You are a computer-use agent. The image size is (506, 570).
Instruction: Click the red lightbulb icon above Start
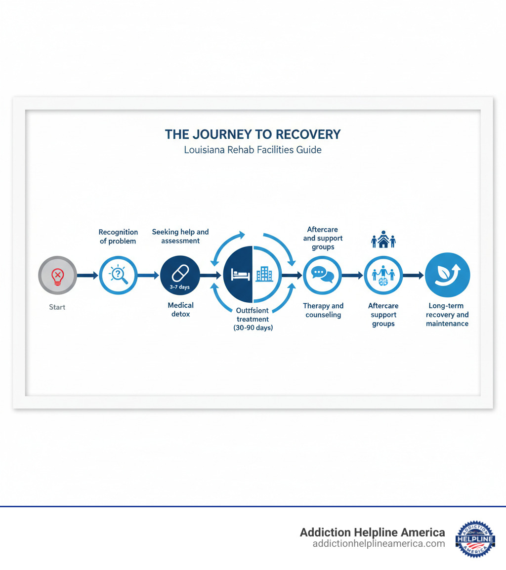click(57, 275)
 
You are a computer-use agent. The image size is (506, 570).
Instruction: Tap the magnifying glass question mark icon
click(119, 275)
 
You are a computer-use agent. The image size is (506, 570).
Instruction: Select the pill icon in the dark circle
click(180, 271)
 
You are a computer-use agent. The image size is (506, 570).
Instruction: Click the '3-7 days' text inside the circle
click(180, 286)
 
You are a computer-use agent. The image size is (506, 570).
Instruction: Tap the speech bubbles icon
click(323, 275)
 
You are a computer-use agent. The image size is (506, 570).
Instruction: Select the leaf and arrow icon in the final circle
click(447, 275)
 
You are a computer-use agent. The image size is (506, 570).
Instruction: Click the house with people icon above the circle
click(383, 239)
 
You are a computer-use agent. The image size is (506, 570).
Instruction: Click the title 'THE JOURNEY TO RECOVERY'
click(253, 134)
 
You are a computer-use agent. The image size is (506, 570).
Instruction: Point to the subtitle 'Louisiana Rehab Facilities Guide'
click(253, 150)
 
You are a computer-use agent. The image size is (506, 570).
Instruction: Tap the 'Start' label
click(57, 307)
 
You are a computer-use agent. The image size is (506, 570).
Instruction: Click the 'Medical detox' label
click(180, 310)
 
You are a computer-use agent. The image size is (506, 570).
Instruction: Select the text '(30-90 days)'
click(253, 328)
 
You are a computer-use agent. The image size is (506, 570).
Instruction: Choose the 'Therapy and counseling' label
click(323, 310)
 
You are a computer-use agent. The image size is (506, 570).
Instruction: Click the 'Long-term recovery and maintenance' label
click(447, 315)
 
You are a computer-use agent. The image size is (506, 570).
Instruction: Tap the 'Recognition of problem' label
click(118, 237)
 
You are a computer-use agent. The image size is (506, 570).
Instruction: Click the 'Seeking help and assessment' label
click(180, 236)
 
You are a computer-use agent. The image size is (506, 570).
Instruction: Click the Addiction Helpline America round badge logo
click(475, 539)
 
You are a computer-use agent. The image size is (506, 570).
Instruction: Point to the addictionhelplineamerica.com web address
click(379, 544)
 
